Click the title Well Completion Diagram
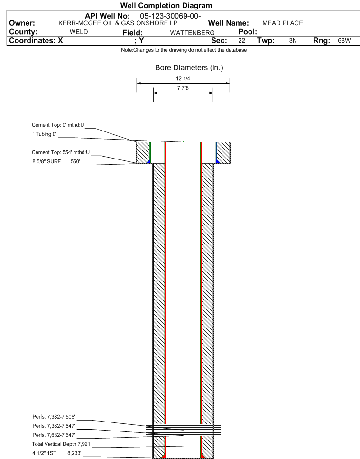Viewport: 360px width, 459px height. coord(166,6)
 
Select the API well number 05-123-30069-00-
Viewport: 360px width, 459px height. coord(170,16)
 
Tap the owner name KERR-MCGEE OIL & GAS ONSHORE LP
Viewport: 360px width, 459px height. coord(118,23)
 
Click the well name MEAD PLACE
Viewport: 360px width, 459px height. coord(283,23)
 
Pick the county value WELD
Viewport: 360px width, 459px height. coord(79,32)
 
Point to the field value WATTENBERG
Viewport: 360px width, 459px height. coord(193,33)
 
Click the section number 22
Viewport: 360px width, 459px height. coord(241,41)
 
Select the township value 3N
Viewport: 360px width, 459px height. coord(293,41)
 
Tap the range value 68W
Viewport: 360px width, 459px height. coord(344,41)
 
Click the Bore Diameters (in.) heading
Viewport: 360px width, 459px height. coord(189,67)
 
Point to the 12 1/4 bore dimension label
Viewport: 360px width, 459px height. coord(183,78)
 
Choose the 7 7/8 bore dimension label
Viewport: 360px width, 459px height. coord(183,88)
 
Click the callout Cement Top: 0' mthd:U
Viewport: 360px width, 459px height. coord(58,125)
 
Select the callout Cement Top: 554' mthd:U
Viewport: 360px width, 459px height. coord(61,152)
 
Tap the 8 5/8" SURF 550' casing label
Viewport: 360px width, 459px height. coord(56,161)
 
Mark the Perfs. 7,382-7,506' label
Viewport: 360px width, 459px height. coord(54,417)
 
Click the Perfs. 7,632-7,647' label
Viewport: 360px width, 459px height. coord(54,435)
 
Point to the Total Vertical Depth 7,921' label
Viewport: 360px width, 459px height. coord(62,444)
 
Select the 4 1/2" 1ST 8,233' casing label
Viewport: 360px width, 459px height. coord(57,453)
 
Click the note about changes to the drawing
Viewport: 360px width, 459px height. coord(184,50)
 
